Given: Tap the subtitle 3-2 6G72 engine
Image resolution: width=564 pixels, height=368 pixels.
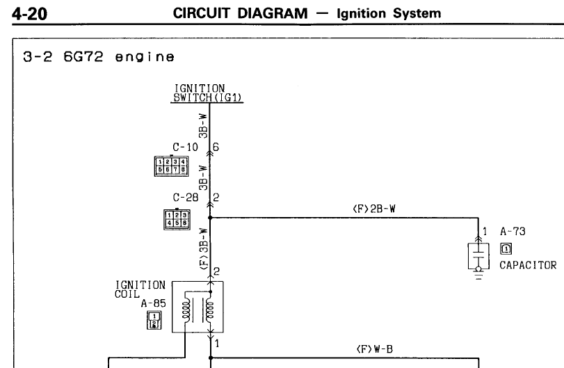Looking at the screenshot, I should [x=97, y=57].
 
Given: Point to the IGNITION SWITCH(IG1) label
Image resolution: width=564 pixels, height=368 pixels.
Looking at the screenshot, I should [x=209, y=93].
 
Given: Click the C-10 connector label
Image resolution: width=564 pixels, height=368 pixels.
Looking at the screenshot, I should [x=185, y=147].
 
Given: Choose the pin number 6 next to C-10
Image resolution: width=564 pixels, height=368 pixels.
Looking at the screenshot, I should [x=216, y=147].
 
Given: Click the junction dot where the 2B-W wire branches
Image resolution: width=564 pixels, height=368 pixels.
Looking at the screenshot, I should [x=210, y=218].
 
